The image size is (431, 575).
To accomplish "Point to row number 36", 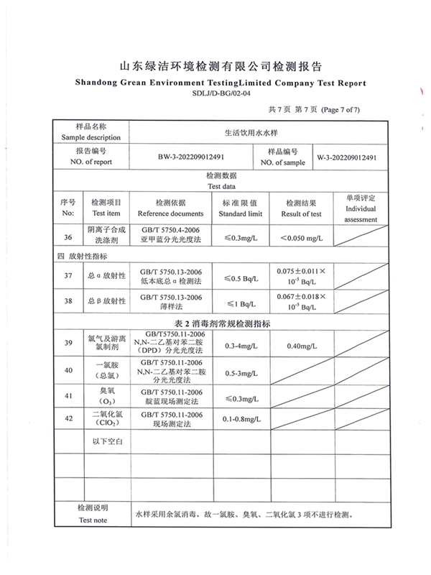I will [68, 236].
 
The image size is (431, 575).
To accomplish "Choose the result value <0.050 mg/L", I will [301, 237].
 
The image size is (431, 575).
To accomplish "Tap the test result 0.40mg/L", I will [301, 346].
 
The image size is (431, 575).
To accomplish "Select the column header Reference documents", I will [170, 214].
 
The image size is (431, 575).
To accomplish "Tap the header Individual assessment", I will [361, 214].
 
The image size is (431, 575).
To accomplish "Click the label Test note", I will [92, 520].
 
